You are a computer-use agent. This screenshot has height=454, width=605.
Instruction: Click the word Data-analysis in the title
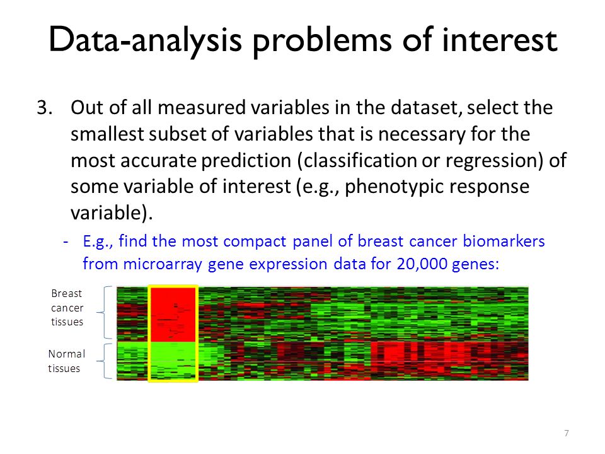tap(145, 40)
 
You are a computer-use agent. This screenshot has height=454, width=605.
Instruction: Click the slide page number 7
tap(567, 433)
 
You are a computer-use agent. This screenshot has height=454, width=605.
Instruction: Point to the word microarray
tap(163, 265)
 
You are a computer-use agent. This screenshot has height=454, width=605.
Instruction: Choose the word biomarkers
tap(504, 241)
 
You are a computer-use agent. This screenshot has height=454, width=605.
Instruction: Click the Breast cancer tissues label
tap(67, 308)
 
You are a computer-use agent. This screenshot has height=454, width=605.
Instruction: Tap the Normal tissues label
tap(66, 361)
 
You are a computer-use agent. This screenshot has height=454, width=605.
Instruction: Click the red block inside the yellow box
tap(173, 315)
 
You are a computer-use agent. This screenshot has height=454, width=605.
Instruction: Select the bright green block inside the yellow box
tap(173, 361)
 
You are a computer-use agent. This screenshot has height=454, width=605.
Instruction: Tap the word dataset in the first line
tap(427, 108)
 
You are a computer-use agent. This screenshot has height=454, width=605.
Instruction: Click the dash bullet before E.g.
tap(66, 242)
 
